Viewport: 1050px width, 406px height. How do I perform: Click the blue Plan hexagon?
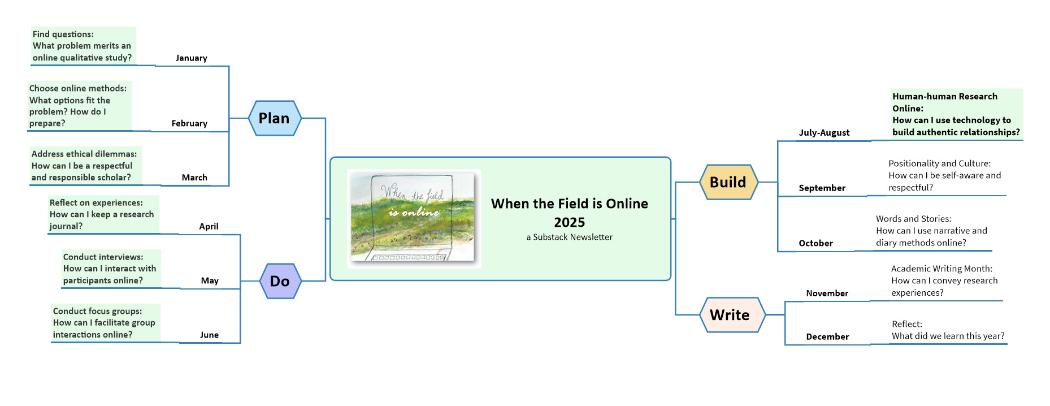(x=275, y=118)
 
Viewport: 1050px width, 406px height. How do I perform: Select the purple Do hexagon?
(x=280, y=281)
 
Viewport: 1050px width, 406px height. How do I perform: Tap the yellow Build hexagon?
(x=728, y=182)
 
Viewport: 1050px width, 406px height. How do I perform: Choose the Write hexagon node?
(x=730, y=315)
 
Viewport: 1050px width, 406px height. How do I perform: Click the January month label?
(x=191, y=58)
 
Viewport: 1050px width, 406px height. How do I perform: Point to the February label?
(x=189, y=123)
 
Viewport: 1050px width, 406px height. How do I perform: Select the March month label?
(x=194, y=178)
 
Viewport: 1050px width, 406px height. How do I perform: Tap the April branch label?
(x=209, y=226)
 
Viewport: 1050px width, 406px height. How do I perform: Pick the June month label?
(x=209, y=335)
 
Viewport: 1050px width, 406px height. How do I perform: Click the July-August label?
(x=824, y=132)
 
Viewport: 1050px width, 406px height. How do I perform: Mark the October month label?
(x=815, y=243)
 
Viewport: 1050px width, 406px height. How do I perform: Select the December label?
(x=827, y=336)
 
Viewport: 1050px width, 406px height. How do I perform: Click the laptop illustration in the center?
(x=414, y=218)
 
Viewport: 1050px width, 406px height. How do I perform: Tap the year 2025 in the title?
(x=569, y=222)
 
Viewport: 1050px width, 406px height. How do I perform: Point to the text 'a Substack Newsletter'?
(x=569, y=237)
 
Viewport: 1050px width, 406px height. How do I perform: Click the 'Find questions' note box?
(x=83, y=46)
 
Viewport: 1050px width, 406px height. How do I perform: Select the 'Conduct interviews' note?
(x=110, y=269)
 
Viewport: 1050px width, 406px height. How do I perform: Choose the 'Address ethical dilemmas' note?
(x=85, y=166)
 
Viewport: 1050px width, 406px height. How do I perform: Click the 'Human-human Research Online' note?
(x=956, y=114)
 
